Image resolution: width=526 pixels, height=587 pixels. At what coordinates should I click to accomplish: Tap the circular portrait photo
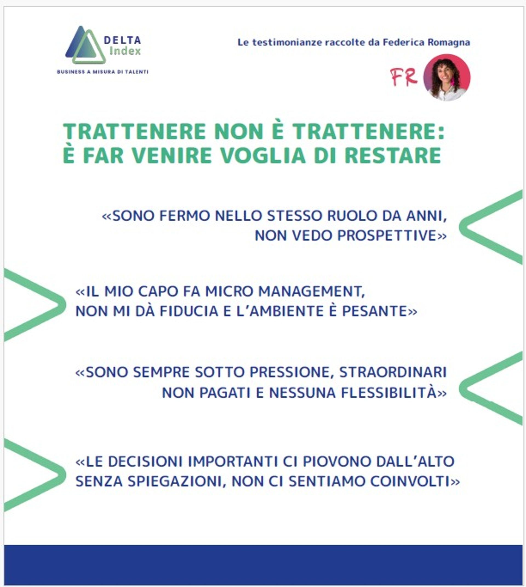[447, 78]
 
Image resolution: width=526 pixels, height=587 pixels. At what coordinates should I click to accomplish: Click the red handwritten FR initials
[404, 78]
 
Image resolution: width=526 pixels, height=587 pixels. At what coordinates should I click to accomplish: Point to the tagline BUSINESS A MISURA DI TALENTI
[103, 72]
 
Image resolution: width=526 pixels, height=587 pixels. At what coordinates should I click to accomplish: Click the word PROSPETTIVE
[387, 236]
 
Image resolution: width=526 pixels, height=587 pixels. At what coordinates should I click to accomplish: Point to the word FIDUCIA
[189, 311]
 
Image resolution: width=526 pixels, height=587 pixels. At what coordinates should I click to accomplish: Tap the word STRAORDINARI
[393, 372]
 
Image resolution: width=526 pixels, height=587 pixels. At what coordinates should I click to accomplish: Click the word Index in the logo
[125, 51]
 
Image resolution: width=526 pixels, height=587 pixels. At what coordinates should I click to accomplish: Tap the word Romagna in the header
[448, 42]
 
